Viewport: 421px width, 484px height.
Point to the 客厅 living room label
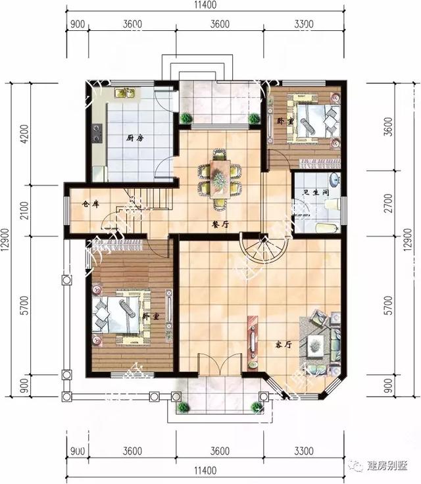(284, 344)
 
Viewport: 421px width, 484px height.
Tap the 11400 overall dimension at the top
(206, 7)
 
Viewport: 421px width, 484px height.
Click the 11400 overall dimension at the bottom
(206, 472)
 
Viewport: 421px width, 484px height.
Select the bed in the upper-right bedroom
(314, 120)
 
